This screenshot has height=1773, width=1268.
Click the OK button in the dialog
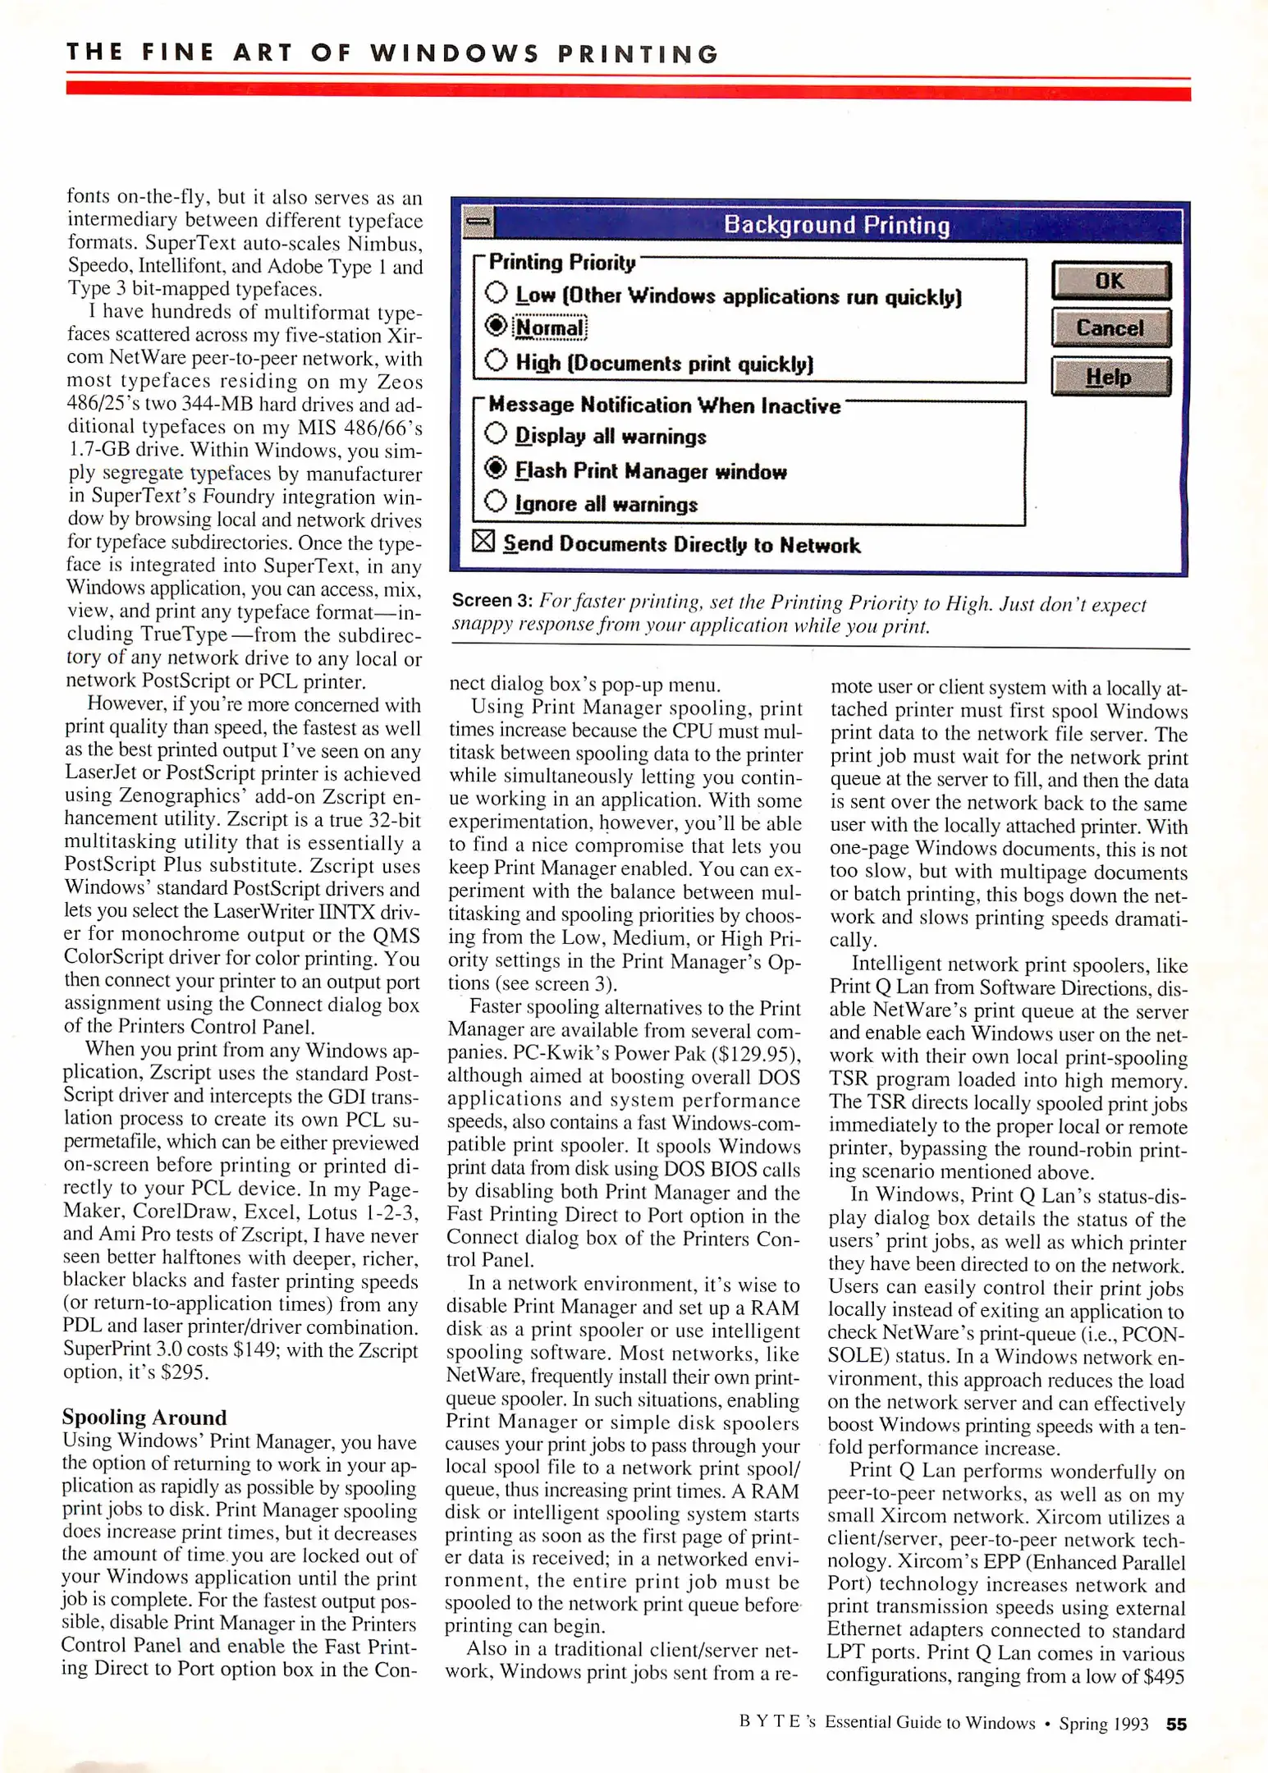(1110, 282)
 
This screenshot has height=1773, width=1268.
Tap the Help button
(1110, 377)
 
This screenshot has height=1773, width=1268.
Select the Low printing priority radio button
(497, 292)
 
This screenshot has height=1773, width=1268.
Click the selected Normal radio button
(497, 326)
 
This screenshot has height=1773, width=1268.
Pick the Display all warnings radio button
(496, 433)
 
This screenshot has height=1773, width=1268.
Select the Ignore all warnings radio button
(496, 501)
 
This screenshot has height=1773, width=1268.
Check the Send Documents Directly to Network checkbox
(484, 541)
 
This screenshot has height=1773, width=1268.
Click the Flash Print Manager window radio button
(496, 468)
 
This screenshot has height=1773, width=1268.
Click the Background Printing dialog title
(836, 225)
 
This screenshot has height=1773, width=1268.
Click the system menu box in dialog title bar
(479, 221)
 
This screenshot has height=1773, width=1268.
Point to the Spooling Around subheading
(144, 1418)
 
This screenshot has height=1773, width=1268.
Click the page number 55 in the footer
(1176, 1724)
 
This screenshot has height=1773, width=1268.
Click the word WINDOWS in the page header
(455, 54)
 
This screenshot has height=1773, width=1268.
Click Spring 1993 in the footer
(1103, 1724)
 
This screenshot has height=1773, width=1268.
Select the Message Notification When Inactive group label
(664, 405)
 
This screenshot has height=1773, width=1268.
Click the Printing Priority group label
(562, 263)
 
